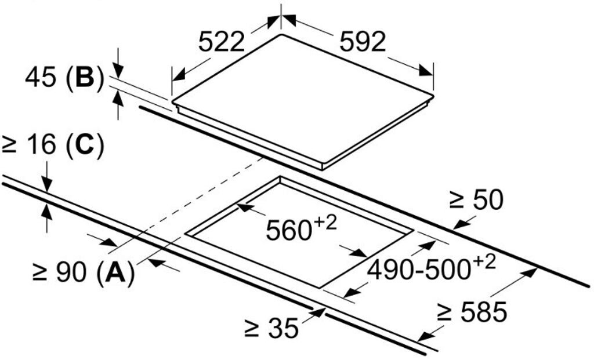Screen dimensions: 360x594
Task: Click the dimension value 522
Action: (x=221, y=42)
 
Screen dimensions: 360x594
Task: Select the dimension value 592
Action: (x=363, y=42)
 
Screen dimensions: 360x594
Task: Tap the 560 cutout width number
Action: (x=286, y=231)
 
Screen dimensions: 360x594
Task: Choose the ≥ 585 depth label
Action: (x=472, y=313)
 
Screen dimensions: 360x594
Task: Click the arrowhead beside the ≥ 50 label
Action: (x=459, y=224)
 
